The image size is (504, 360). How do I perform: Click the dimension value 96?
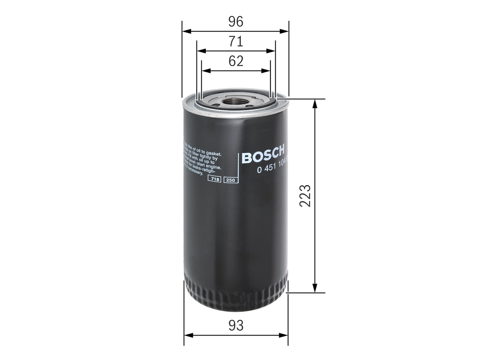coord(236,22)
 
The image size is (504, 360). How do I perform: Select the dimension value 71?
coord(236,41)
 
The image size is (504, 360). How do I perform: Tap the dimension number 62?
coord(236,61)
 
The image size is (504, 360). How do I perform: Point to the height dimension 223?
coord(305,195)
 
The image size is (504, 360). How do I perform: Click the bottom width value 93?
coord(236,326)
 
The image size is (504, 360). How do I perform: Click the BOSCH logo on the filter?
coord(263,155)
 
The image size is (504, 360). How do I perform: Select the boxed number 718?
coord(215,179)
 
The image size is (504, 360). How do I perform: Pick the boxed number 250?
coord(230,180)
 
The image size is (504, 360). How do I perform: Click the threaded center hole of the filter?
coord(235,102)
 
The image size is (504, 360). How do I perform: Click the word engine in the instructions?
coord(213,167)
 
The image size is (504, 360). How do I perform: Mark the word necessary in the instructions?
coord(195,171)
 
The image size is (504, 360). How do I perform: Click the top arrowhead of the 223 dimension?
coord(315,103)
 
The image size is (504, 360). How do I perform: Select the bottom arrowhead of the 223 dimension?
coord(315,289)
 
